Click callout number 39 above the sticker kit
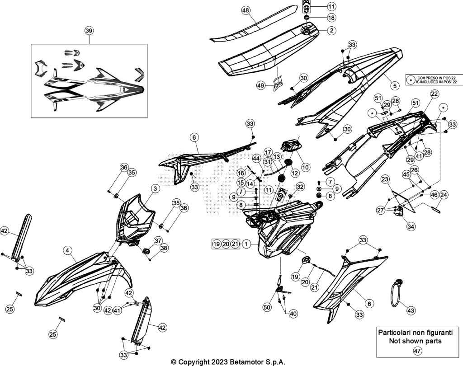coord(89,30)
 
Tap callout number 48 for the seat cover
coord(246,10)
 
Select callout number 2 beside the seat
coord(331,30)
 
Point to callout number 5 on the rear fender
coord(394,86)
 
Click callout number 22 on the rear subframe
coord(435,94)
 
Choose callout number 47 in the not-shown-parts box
coord(417,351)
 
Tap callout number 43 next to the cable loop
coord(411,310)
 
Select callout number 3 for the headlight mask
coord(156,188)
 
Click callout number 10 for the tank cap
coord(306,167)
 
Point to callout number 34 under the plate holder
coord(411,226)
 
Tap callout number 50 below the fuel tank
coord(267,307)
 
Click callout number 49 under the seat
coord(260,85)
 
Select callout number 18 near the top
coord(331,18)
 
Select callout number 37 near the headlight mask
coord(158,240)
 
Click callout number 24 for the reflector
coord(444,195)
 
